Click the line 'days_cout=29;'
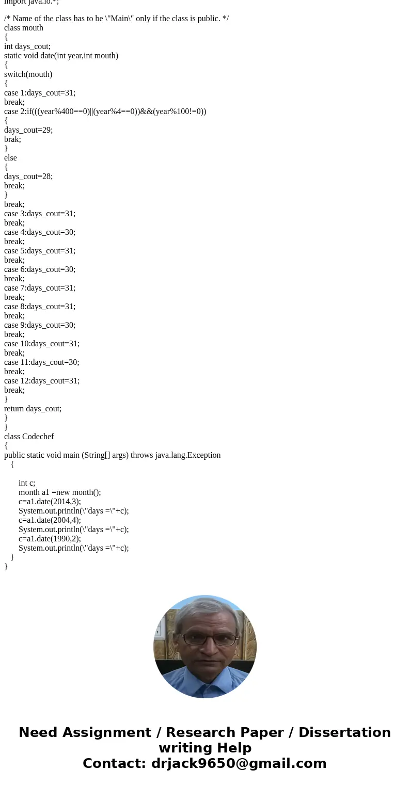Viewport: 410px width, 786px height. tap(28, 130)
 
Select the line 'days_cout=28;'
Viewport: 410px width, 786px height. tap(28, 177)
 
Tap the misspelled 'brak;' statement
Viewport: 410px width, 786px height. tap(12, 139)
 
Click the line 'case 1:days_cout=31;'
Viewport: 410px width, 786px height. tap(40, 93)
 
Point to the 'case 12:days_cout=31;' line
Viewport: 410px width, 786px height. tap(42, 381)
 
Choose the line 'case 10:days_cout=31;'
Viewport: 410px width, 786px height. tap(42, 344)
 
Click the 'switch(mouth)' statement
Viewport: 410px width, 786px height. tap(28, 74)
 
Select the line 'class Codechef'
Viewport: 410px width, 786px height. tap(29, 437)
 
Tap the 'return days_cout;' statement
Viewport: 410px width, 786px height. tap(33, 409)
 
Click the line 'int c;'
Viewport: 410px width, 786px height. tap(27, 483)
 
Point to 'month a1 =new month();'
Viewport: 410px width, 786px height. tap(60, 492)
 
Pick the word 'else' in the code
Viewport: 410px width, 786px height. tap(10, 158)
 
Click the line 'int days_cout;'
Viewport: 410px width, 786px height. tap(27, 46)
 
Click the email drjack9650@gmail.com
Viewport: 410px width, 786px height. tap(239, 764)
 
